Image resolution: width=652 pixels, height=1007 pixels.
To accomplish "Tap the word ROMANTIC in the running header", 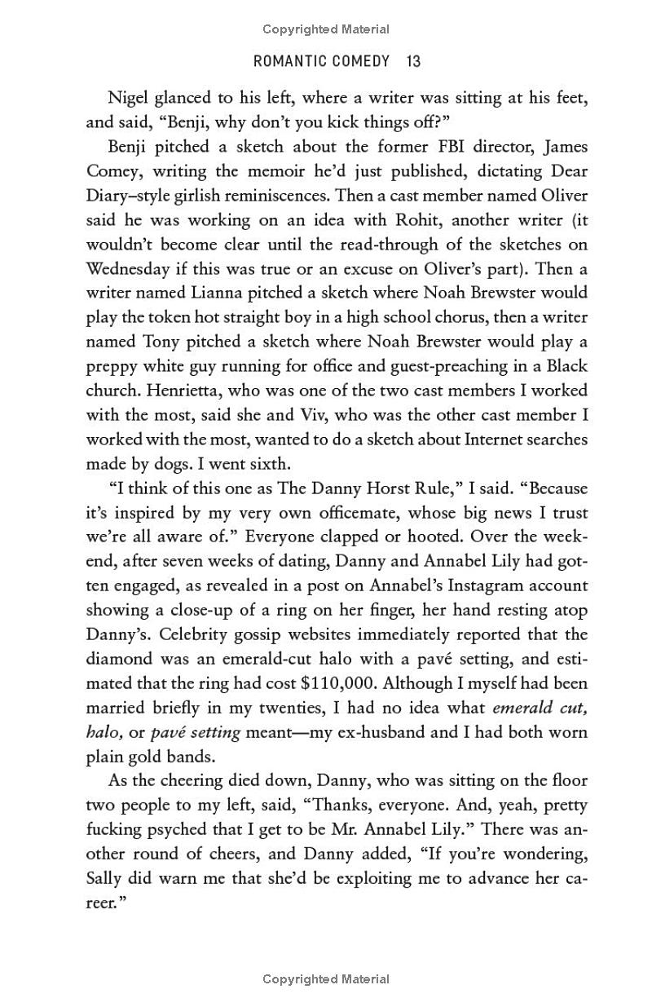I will (x=289, y=61).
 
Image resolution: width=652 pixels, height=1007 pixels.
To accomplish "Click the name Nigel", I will (x=130, y=98).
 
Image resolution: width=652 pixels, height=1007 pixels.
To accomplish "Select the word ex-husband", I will (x=385, y=731).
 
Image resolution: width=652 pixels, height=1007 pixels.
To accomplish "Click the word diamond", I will (x=121, y=659).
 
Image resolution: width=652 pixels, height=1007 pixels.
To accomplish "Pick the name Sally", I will (x=106, y=878).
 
